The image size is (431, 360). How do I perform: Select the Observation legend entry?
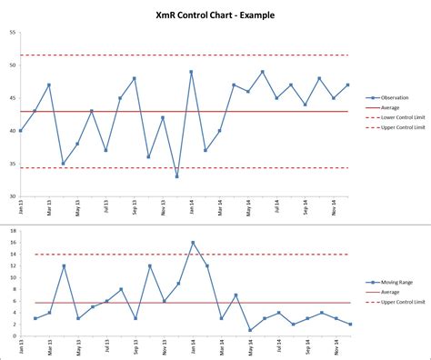point(394,97)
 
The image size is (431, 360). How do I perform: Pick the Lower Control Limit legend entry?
point(400,117)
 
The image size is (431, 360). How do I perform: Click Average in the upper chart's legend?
point(388,107)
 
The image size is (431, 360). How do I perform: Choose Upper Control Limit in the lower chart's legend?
point(400,303)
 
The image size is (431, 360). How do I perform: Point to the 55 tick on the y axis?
point(12,32)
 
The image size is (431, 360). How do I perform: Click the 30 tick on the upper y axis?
point(12,196)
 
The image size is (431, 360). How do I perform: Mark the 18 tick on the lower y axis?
point(12,231)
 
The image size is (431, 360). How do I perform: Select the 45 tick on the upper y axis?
point(12,98)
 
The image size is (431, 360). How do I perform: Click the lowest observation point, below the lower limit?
point(177,176)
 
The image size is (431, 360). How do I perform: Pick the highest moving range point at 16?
point(192,243)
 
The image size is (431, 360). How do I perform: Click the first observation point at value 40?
point(21,131)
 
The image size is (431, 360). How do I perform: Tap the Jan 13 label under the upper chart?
point(21,208)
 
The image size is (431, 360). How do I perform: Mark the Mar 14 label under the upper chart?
point(220,208)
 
